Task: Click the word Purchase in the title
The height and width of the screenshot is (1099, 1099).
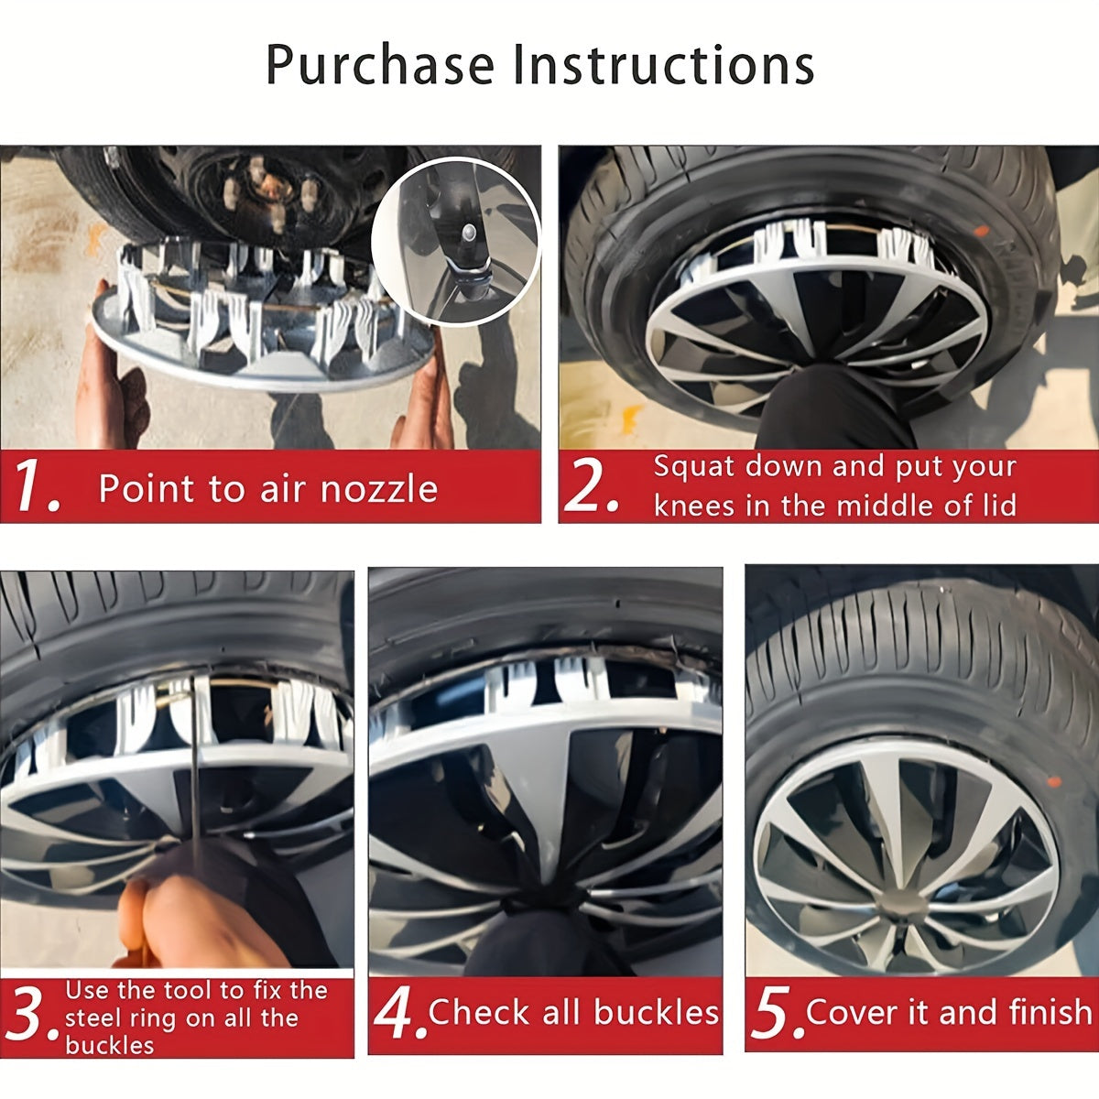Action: tap(382, 66)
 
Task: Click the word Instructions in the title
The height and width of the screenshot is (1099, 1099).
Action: tap(663, 66)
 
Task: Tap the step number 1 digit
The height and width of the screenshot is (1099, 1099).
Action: tap(35, 487)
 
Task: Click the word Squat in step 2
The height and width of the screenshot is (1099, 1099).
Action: tap(693, 466)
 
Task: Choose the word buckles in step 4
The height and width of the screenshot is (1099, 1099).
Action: tap(655, 1012)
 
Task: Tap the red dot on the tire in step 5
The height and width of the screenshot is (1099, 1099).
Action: tap(1053, 784)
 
